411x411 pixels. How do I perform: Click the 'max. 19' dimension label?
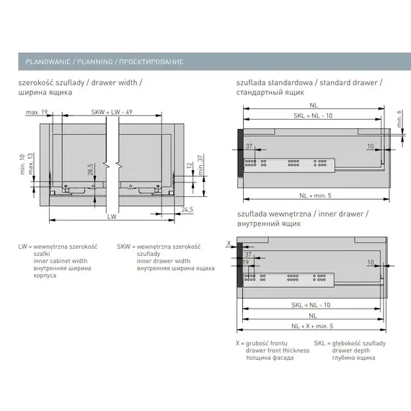[37, 112]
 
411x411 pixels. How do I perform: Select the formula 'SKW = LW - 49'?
[112, 112]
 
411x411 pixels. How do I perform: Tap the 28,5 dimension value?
[90, 169]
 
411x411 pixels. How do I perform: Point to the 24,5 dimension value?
[187, 209]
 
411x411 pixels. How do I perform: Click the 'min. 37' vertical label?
[200, 165]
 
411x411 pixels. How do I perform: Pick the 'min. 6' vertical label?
[399, 119]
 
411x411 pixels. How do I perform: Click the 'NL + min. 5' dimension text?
[315, 195]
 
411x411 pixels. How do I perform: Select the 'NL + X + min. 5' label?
[312, 326]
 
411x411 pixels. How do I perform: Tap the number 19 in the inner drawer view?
[246, 262]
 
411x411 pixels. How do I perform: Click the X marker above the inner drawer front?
[229, 243]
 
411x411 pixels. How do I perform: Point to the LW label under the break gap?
[112, 216]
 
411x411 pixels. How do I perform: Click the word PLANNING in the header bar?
[95, 62]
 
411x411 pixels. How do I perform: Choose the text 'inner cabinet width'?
[61, 261]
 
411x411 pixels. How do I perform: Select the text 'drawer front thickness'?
[278, 350]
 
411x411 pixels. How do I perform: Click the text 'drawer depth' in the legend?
[351, 350]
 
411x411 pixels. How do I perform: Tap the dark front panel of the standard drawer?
[241, 153]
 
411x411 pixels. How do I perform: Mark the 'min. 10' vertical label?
[22, 164]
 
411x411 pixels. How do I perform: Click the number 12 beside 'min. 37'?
[190, 166]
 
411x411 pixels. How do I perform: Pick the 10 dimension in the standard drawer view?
[371, 146]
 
